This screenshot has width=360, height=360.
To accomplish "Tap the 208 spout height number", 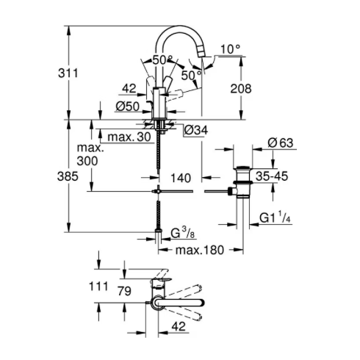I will tap(240, 89).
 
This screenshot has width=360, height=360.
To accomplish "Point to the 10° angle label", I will tap(229, 50).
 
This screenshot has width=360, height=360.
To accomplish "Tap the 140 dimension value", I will tap(181, 177).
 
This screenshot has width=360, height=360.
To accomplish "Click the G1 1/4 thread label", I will tap(277, 218).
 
